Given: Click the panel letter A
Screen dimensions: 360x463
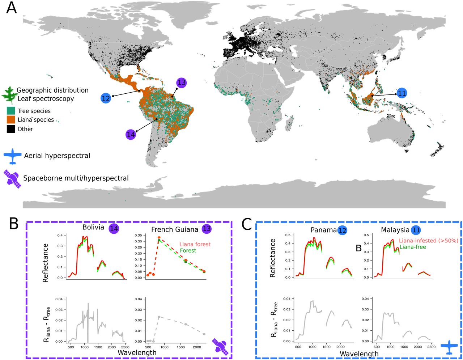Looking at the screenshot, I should pyautogui.click(x=12, y=7).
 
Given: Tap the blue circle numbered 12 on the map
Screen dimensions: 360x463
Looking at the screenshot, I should pyautogui.click(x=106, y=98).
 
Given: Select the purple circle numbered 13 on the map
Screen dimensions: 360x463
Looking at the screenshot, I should pyautogui.click(x=182, y=83).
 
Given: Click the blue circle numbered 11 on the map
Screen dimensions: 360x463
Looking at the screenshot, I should pyautogui.click(x=402, y=93).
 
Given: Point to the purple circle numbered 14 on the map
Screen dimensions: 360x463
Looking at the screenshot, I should pyautogui.click(x=131, y=135).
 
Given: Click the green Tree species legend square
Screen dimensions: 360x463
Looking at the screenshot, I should pyautogui.click(x=11, y=111).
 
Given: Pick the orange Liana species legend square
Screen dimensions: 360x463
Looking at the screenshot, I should pyautogui.click(x=11, y=120).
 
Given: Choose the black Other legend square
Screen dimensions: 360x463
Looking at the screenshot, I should pyautogui.click(x=11, y=129).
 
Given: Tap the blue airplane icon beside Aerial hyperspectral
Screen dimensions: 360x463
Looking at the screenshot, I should pyautogui.click(x=13, y=156).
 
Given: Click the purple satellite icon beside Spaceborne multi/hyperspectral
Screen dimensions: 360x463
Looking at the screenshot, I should pyautogui.click(x=12, y=178).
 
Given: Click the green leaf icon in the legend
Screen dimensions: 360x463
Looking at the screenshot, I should pyautogui.click(x=9, y=95).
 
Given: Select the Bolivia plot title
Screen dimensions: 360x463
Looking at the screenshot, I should pyautogui.click(x=93, y=228).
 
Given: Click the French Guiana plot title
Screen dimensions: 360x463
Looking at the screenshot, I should pyautogui.click(x=175, y=229).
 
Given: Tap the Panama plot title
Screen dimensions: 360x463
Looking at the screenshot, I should pyautogui.click(x=323, y=230).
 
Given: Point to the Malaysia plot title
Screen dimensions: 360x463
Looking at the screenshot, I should pyautogui.click(x=395, y=230).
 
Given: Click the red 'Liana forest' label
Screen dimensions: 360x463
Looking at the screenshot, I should pyautogui.click(x=195, y=244).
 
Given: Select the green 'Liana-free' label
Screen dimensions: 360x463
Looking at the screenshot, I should pyautogui.click(x=412, y=247).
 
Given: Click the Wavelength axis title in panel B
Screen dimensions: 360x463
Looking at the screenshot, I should pyautogui.click(x=137, y=352).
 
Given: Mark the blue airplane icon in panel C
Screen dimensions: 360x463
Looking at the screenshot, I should pyautogui.click(x=449, y=347).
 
